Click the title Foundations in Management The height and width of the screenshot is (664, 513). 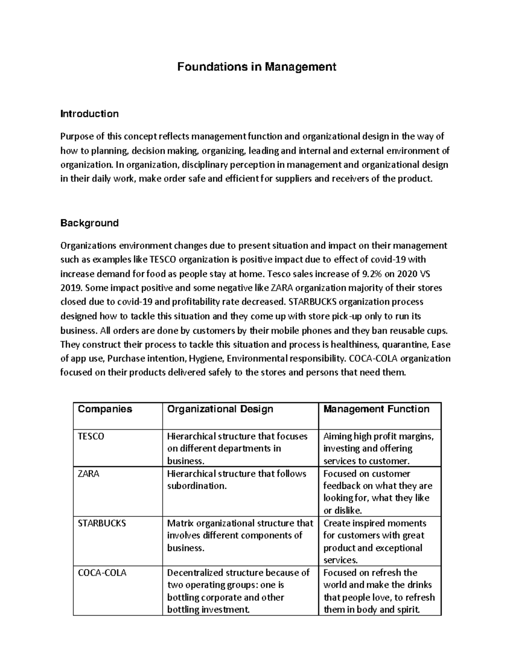[x=256, y=67]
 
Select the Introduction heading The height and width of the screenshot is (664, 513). [x=89, y=114]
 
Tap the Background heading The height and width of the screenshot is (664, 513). [x=89, y=223]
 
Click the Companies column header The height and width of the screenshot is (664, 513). [x=105, y=409]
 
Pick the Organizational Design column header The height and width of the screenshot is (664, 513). [x=220, y=409]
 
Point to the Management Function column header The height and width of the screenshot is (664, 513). [x=376, y=409]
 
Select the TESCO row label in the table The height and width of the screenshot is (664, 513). [x=91, y=437]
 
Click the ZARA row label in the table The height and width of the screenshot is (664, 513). [x=88, y=474]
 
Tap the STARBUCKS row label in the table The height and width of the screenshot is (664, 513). [x=102, y=523]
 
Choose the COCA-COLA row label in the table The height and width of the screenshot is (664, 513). [x=102, y=573]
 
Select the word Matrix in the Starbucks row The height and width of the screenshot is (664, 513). [x=180, y=523]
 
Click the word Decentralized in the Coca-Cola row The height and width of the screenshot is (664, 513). [x=195, y=573]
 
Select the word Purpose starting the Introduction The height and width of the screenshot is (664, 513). [x=76, y=137]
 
